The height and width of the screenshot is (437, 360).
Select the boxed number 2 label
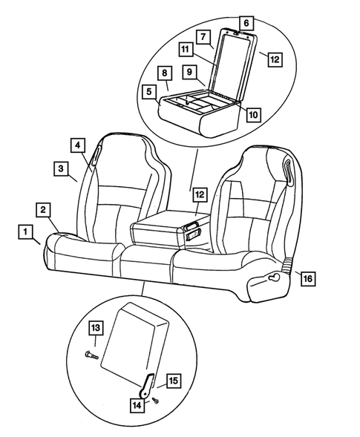[45, 209]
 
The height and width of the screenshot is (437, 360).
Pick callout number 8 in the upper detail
[165, 73]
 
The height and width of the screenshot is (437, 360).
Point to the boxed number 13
[95, 328]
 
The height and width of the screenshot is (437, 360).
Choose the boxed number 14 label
[137, 406]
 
